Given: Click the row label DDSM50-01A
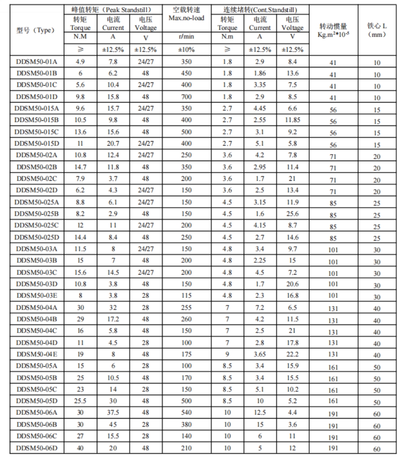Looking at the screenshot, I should tap(37, 62).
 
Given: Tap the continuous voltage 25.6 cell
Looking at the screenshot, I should tap(292, 214).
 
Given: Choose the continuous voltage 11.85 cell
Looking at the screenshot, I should tap(292, 121).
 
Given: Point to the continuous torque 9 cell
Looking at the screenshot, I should tap(227, 355).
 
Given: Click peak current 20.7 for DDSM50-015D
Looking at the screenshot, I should tap(113, 144).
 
